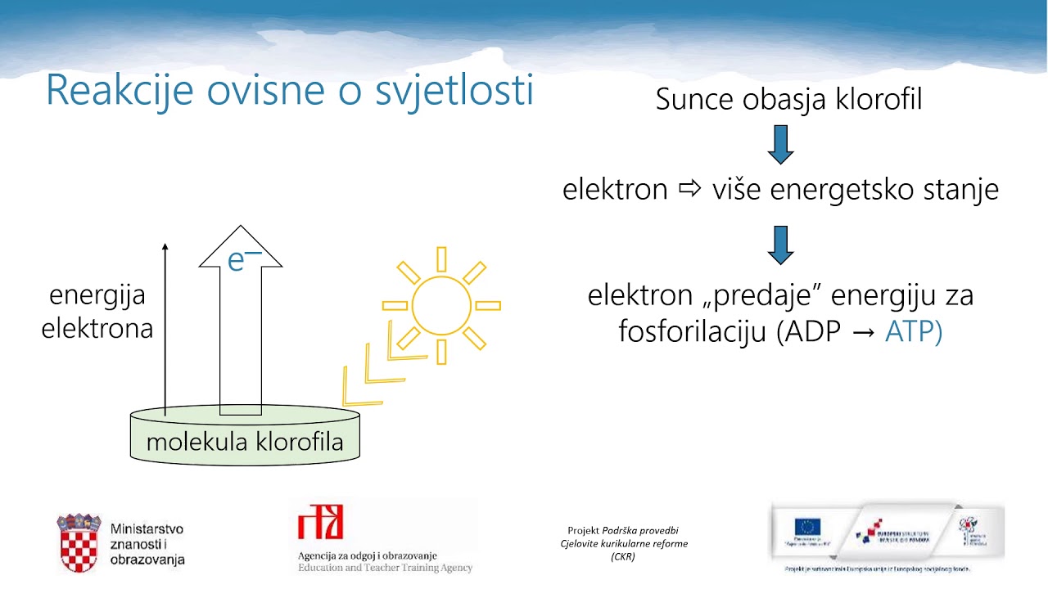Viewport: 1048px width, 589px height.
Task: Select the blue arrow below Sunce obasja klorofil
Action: click(780, 145)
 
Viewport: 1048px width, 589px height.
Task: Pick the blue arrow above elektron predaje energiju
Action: click(780, 245)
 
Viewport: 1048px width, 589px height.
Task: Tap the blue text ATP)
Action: click(914, 333)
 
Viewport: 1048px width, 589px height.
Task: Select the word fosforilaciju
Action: click(693, 333)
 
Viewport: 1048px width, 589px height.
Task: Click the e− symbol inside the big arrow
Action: click(243, 259)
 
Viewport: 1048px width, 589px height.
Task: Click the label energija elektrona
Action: click(97, 312)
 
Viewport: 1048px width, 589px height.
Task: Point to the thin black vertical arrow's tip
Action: click(165, 245)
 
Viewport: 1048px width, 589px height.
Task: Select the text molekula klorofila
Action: click(245, 443)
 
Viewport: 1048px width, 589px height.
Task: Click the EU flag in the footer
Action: click(806, 528)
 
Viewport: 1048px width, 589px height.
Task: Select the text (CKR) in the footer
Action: click(623, 556)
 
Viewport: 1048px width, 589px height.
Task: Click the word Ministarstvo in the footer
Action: click(147, 529)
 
